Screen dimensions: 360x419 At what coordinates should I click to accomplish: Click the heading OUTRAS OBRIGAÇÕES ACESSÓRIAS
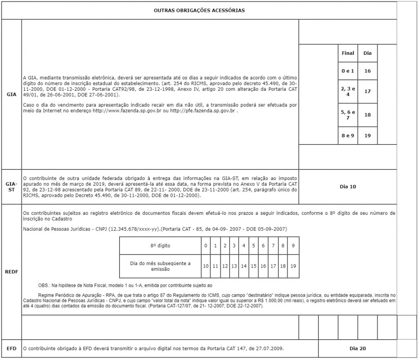pyautogui.click(x=199, y=10)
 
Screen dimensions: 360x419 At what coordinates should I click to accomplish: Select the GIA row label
pyautogui.click(x=11, y=94)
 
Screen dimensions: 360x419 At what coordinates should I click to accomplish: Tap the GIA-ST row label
pyautogui.click(x=11, y=187)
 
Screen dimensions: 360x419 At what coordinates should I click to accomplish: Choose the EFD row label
pyautogui.click(x=11, y=349)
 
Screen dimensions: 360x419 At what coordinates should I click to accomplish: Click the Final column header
pyautogui.click(x=348, y=53)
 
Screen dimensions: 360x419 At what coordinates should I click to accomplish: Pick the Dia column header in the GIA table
pyautogui.click(x=367, y=53)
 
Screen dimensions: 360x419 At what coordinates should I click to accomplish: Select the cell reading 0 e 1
pyautogui.click(x=348, y=71)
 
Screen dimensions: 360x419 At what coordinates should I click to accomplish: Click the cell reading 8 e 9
pyautogui.click(x=348, y=135)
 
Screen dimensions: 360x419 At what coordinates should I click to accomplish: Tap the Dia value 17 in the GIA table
pyautogui.click(x=367, y=91)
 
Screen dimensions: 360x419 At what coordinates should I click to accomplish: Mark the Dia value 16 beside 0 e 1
pyautogui.click(x=367, y=71)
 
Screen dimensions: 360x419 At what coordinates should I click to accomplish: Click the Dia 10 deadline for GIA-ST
pyautogui.click(x=348, y=187)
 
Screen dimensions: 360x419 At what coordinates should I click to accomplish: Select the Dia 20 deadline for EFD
pyautogui.click(x=358, y=349)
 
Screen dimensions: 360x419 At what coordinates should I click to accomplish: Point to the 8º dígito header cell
pyautogui.click(x=160, y=246)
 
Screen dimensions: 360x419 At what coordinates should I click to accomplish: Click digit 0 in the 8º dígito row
pyautogui.click(x=206, y=246)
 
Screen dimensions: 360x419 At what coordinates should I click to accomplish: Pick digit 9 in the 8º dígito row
pyautogui.click(x=293, y=246)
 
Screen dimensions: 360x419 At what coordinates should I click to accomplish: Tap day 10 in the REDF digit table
pyautogui.click(x=206, y=266)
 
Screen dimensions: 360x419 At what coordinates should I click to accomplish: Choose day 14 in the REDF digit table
pyautogui.click(x=244, y=266)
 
